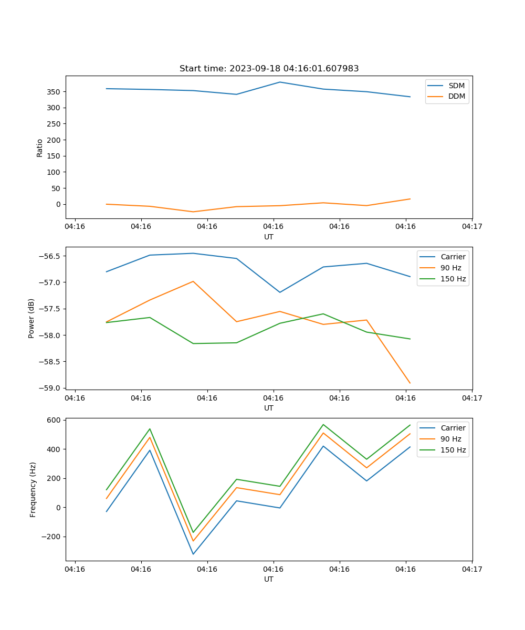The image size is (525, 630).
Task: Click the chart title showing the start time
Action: [x=269, y=69]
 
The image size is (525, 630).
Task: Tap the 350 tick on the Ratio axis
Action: [x=54, y=92]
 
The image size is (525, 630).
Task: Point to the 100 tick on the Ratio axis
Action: [x=54, y=172]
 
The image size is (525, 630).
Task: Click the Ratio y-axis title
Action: [x=40, y=148]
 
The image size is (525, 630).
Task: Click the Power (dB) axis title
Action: [x=31, y=318]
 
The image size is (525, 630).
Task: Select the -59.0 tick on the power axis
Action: [x=50, y=388]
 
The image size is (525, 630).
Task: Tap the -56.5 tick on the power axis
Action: [x=50, y=256]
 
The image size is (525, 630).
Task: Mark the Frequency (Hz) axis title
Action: [x=33, y=489]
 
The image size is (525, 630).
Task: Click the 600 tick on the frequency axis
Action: [x=54, y=420]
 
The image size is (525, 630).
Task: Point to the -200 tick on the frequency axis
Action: [x=51, y=537]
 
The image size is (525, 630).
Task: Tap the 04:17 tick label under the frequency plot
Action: [x=471, y=569]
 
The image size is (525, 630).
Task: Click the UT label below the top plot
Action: [x=269, y=237]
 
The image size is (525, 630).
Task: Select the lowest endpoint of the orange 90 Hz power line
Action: [x=410, y=383]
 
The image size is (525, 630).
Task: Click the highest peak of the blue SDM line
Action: [x=280, y=82]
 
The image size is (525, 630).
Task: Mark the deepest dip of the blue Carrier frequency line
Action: [x=193, y=554]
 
